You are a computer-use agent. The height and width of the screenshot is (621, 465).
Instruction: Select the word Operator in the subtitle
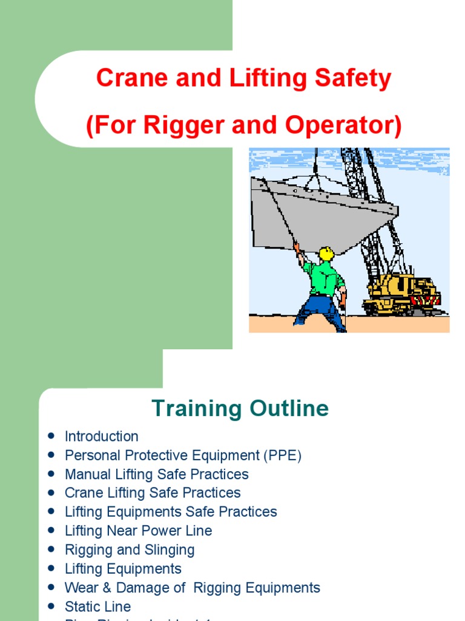pos(343,126)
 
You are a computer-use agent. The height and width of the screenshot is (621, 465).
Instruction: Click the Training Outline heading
pos(240,408)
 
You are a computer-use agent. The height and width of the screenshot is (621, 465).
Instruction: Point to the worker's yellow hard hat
pos(326,253)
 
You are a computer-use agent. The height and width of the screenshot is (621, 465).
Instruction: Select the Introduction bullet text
pos(101,436)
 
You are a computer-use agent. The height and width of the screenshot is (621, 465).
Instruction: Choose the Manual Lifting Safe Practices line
pos(156,474)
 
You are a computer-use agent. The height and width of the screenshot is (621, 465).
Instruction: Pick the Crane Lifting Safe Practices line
pos(153,492)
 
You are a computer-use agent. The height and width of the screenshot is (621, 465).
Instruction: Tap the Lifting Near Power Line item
pos(138,531)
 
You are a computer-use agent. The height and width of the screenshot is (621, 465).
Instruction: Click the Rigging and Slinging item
pos(130,550)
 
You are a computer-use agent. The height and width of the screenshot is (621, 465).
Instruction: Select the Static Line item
pos(97,606)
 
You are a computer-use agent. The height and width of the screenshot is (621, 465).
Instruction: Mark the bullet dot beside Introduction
pos(51,436)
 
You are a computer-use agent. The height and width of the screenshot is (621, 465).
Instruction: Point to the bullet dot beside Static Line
pos(51,606)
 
